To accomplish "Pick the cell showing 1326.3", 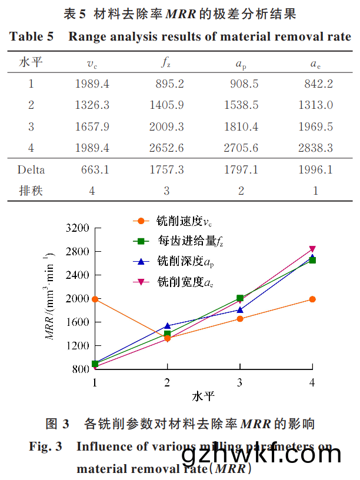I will click(92, 105).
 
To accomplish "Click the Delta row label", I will click(31, 170).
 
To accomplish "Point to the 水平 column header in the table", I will click(31, 62).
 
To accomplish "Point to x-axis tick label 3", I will click(240, 382).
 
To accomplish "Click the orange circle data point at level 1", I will click(95, 299).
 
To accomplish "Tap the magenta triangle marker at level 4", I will click(312, 249).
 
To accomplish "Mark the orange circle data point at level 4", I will click(312, 299).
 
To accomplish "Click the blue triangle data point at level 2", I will click(167, 325).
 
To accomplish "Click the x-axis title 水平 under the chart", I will click(202, 396).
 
